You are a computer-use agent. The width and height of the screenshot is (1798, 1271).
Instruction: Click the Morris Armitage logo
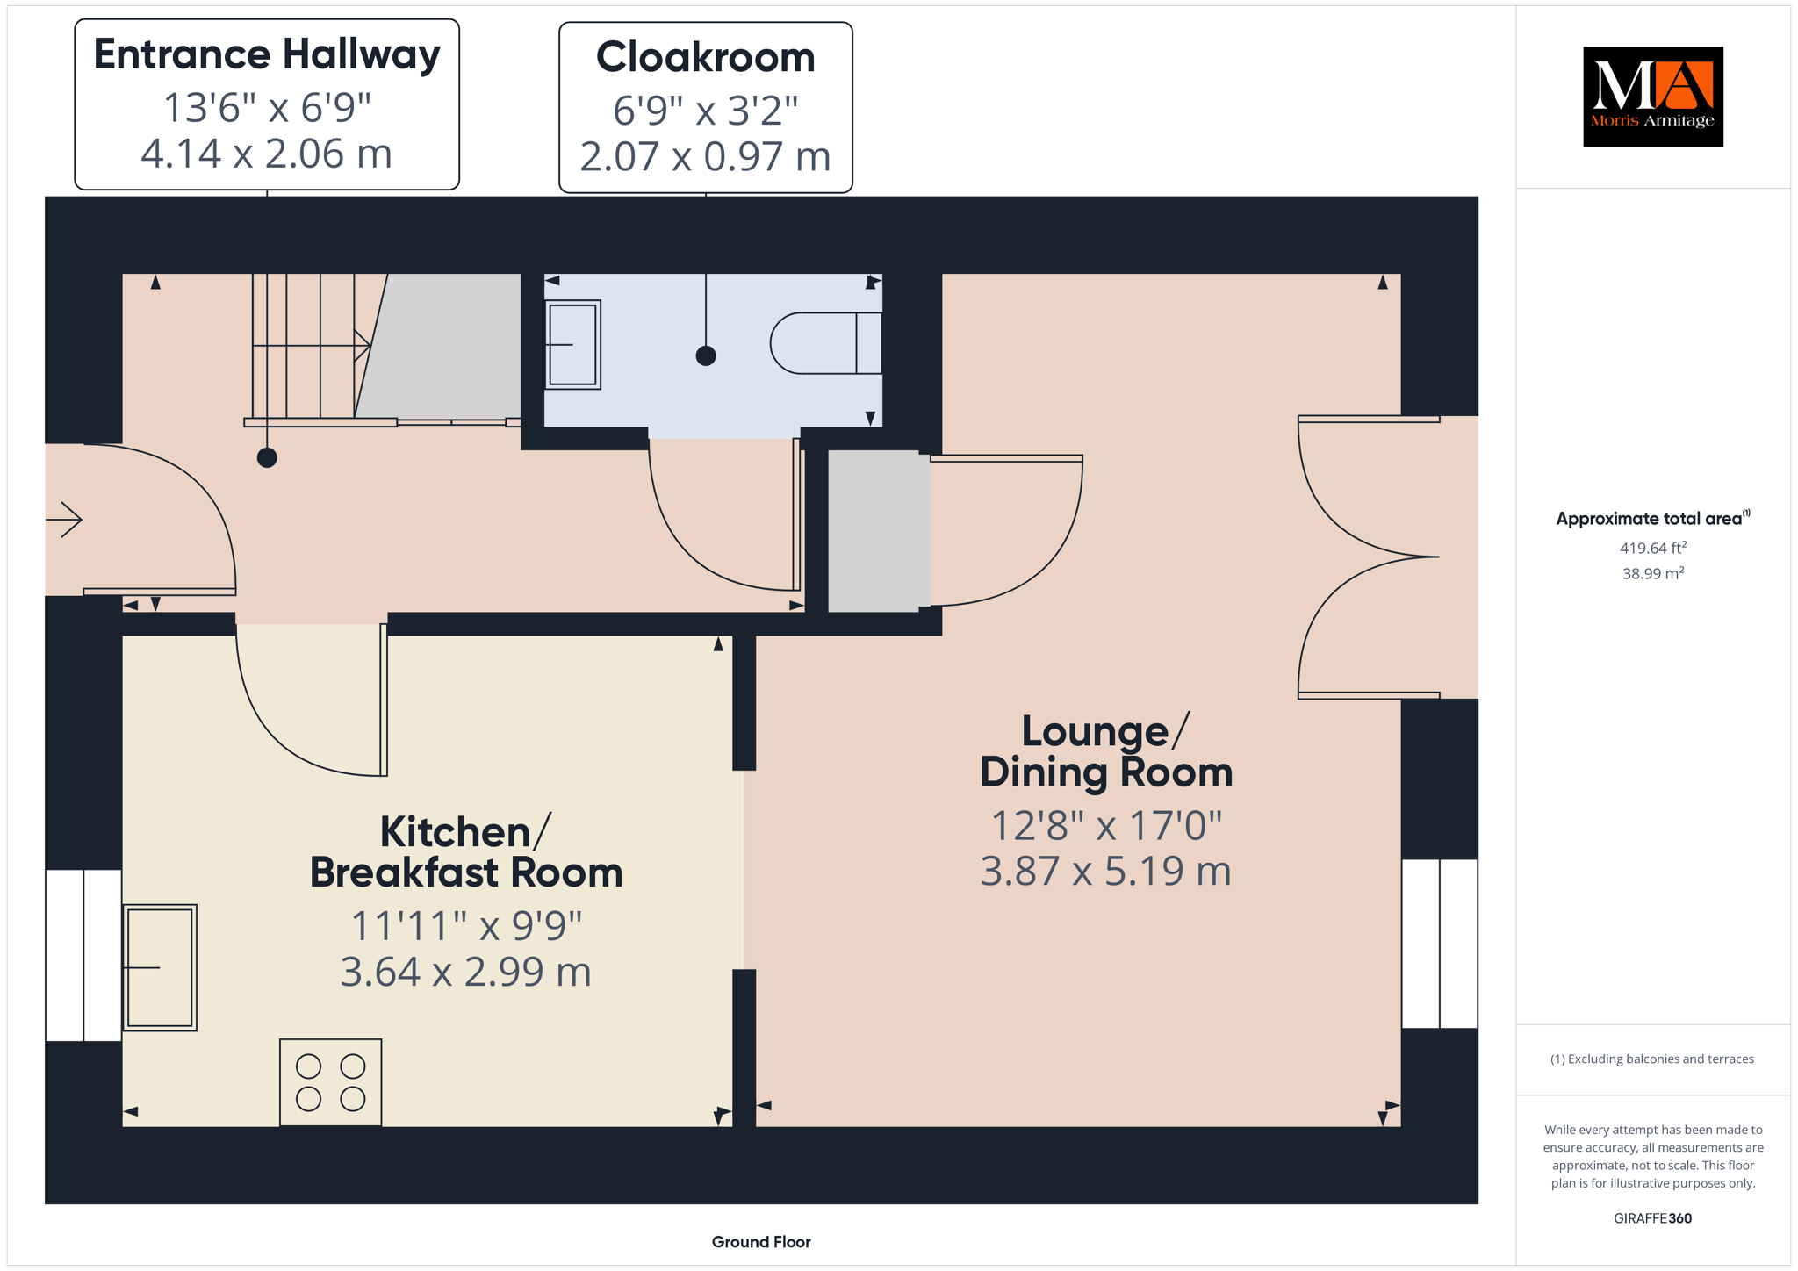coord(1652,97)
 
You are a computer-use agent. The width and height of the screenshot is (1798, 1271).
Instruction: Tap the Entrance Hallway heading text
coord(267,54)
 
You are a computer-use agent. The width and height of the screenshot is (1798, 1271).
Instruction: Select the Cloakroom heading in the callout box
coord(706,57)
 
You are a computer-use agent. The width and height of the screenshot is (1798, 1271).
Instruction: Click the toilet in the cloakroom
coord(826,343)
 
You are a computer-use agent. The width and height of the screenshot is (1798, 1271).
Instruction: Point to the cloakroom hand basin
coord(573,344)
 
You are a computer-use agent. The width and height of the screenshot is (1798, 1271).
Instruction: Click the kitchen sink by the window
coord(160,967)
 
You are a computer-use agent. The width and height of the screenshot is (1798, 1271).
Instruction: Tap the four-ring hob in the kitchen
coord(331,1082)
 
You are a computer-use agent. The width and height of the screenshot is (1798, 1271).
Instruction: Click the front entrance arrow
coord(64,520)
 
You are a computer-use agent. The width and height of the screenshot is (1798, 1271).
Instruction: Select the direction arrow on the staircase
coord(312,346)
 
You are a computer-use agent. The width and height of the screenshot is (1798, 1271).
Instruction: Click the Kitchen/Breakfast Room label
coord(466,852)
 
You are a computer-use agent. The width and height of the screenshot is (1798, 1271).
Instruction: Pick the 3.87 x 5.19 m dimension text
coord(1106,871)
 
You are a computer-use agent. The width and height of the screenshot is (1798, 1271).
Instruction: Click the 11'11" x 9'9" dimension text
coord(466,925)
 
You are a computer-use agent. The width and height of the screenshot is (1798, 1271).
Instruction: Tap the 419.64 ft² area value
coord(1653,548)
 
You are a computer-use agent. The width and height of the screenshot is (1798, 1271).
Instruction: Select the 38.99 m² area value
coord(1653,573)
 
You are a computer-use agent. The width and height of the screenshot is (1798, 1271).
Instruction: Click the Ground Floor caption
coord(761,1242)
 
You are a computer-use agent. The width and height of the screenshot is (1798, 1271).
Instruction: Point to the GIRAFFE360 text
coord(1653,1218)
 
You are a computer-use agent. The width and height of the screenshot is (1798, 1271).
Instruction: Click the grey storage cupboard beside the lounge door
coord(879,531)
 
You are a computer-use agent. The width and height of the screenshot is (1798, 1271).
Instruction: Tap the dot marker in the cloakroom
coord(706,355)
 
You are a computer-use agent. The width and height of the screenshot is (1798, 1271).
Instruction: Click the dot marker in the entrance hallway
coord(267,457)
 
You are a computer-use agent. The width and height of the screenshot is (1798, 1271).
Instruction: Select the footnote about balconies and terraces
coord(1652,1059)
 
